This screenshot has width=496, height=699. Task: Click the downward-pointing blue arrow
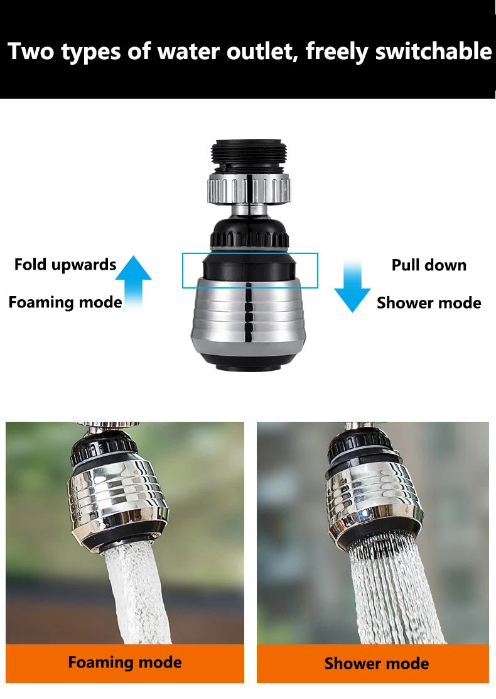pos(352,287)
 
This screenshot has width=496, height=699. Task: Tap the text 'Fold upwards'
pos(65,265)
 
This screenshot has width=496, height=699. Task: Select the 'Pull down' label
pos(429,265)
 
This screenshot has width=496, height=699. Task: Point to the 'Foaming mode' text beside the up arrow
pos(65,302)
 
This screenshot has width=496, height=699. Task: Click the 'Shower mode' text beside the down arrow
pos(429,303)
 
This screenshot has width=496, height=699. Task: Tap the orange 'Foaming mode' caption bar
pos(125,663)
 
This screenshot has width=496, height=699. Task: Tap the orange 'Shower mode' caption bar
pos(373,663)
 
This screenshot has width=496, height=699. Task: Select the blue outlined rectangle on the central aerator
pos(250,270)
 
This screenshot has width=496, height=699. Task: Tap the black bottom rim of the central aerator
pos(249,361)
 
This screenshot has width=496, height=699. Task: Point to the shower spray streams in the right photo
pos(389,591)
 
